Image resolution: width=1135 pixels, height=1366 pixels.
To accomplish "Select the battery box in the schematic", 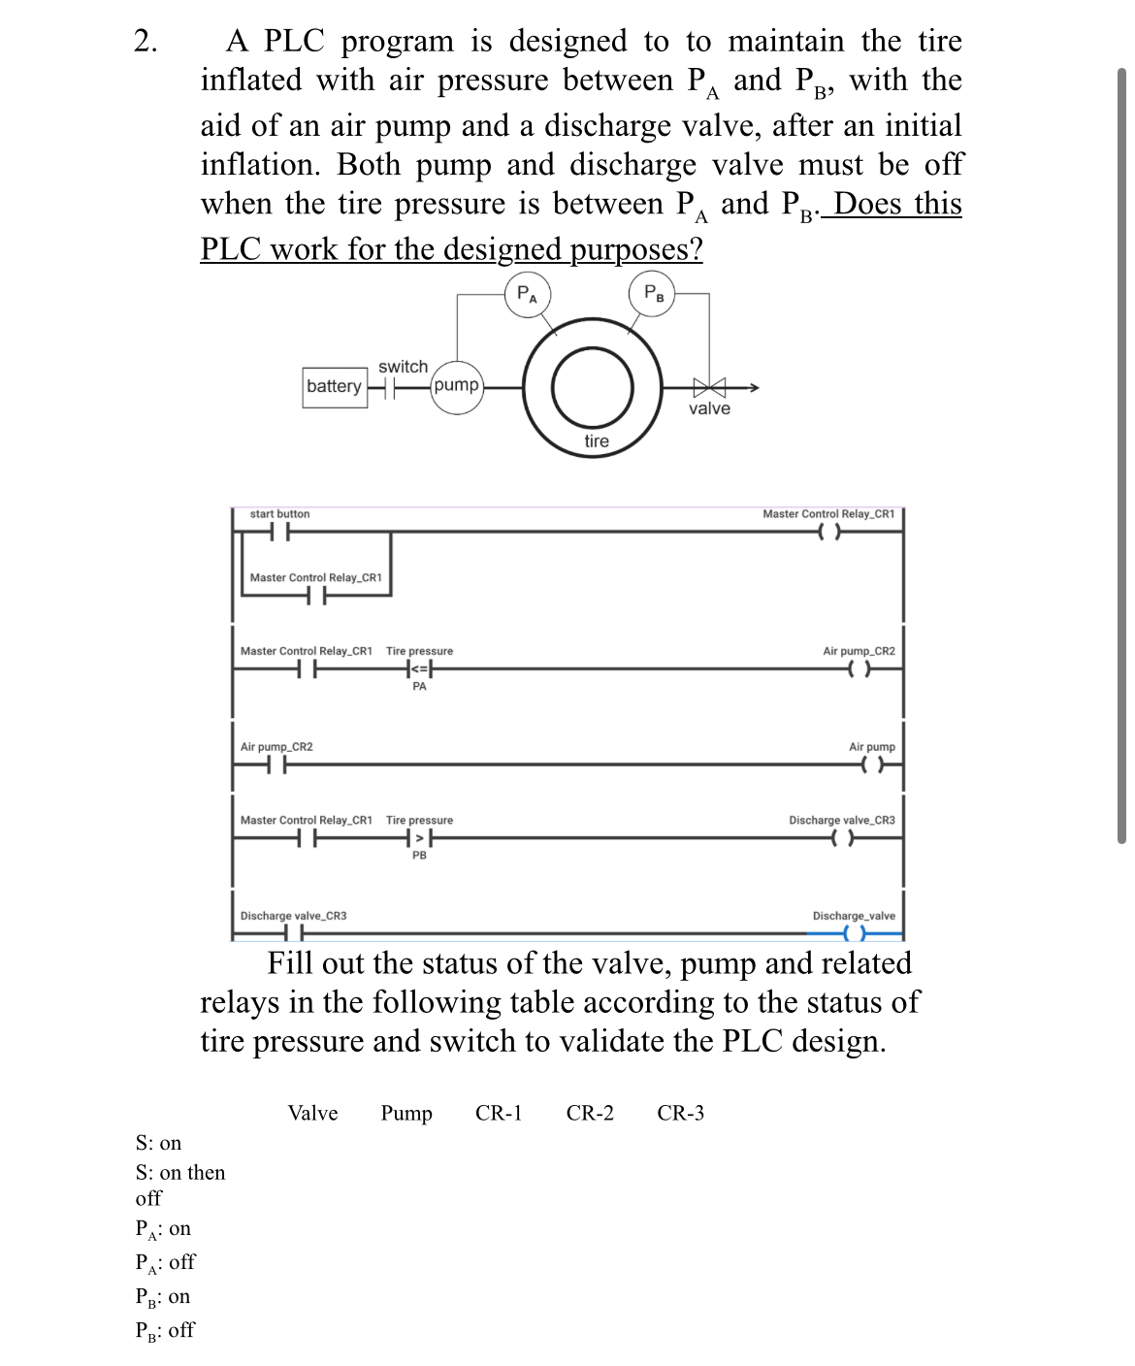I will pyautogui.click(x=334, y=386).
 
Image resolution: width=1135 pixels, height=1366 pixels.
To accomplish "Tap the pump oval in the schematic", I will pyautogui.click(x=456, y=386).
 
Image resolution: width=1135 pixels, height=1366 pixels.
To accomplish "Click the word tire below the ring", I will pyautogui.click(x=597, y=441).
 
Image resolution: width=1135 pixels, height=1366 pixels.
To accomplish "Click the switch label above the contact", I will pyautogui.click(x=403, y=367).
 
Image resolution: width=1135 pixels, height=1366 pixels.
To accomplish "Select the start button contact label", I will pyautogui.click(x=279, y=513).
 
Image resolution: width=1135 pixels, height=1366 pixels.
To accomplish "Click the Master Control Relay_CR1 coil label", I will pyautogui.click(x=827, y=513).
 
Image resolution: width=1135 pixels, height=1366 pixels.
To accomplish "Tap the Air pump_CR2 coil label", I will pyautogui.click(x=859, y=651).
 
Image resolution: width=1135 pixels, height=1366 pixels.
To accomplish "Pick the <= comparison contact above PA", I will pyautogui.click(x=419, y=669).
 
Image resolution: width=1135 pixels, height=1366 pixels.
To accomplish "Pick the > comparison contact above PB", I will pyautogui.click(x=419, y=838).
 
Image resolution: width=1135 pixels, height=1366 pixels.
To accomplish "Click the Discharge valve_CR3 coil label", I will pyautogui.click(x=841, y=820).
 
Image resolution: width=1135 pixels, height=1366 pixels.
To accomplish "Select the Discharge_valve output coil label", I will pyautogui.click(x=854, y=916).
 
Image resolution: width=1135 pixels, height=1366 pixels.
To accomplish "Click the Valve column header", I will pyautogui.click(x=312, y=1113).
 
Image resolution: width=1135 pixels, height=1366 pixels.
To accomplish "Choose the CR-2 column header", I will pyautogui.click(x=590, y=1113).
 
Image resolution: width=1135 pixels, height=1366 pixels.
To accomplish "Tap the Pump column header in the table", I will pyautogui.click(x=406, y=1113).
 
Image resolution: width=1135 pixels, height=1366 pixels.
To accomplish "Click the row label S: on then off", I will pyautogui.click(x=179, y=1185).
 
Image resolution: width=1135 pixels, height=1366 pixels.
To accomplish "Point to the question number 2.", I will pyautogui.click(x=146, y=42).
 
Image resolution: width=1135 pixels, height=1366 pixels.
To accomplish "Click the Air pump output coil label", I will pyautogui.click(x=871, y=747).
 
